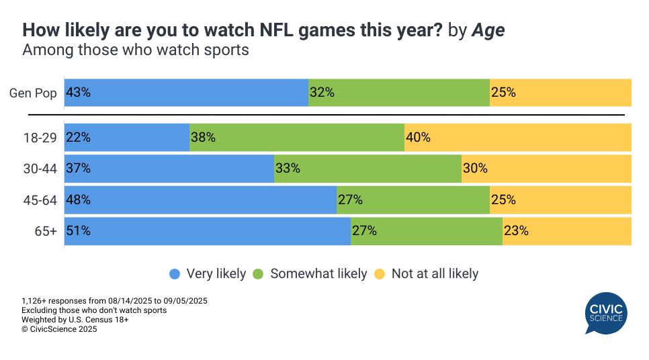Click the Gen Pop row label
pyautogui.click(x=33, y=93)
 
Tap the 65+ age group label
pyautogui.click(x=46, y=231)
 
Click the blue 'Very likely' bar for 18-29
pyautogui.click(x=127, y=138)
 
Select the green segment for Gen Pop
pyautogui.click(x=399, y=93)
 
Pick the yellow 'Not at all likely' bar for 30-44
pyautogui.click(x=546, y=169)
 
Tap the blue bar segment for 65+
pyautogui.click(x=208, y=231)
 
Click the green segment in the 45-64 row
pyautogui.click(x=413, y=200)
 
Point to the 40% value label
pyautogui.click(x=418, y=138)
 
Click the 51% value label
pyautogui.click(x=78, y=231)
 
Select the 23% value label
pyautogui.click(x=516, y=231)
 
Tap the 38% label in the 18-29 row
pyautogui.click(x=203, y=138)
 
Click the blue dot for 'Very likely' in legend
pyautogui.click(x=175, y=274)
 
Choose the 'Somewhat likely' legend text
pyautogui.click(x=318, y=274)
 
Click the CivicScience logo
pyautogui.click(x=605, y=313)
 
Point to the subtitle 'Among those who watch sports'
pyautogui.click(x=136, y=50)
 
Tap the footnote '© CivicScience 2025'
pyautogui.click(x=59, y=329)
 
